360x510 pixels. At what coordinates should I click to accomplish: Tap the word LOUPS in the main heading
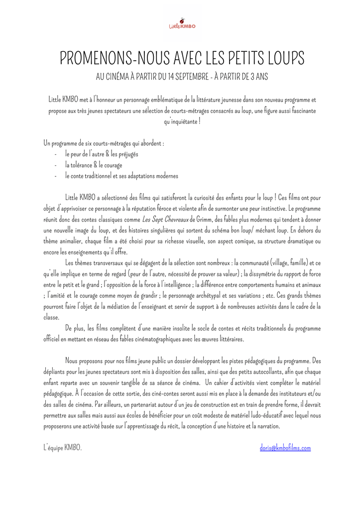point(282,58)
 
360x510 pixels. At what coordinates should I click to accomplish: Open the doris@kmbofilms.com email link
point(285,448)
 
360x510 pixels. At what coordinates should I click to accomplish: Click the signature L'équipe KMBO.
point(63,448)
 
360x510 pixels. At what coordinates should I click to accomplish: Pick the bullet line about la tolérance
point(93,165)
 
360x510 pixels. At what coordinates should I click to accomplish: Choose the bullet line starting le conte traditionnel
point(121,176)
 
